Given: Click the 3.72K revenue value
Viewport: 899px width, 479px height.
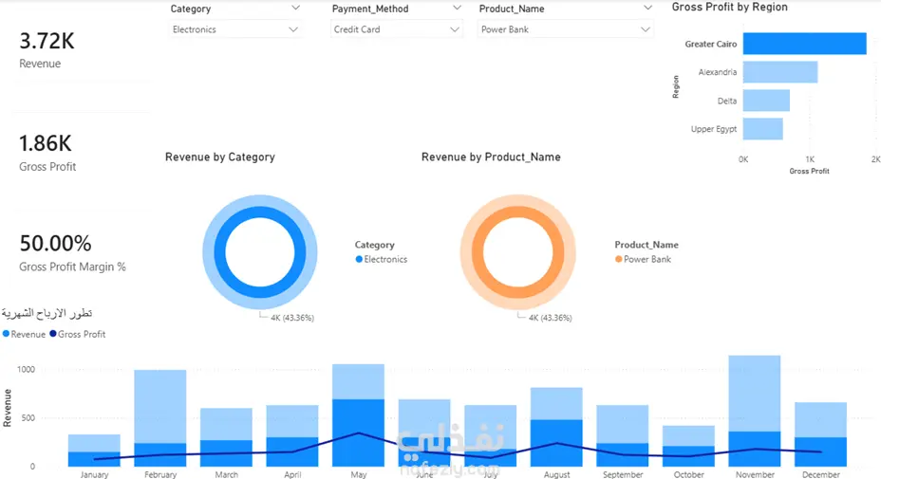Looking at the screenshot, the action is click(47, 41).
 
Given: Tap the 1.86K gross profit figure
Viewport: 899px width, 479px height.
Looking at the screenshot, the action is click(46, 143).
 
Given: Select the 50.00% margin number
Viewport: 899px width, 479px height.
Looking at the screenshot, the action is click(55, 244).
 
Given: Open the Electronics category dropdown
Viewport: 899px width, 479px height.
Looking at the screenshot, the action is click(235, 29).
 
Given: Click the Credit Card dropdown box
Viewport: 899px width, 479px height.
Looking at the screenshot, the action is click(397, 29).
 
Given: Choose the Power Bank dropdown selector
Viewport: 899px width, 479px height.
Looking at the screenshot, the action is click(565, 29).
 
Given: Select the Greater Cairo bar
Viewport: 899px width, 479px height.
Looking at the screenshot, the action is click(804, 44).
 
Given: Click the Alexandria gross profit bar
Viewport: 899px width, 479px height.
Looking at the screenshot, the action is click(780, 72).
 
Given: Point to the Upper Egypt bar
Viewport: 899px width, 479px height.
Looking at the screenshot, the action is click(763, 129).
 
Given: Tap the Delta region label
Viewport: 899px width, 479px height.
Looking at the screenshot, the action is click(727, 101).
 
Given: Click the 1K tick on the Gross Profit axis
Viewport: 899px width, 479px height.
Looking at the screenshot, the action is click(810, 159).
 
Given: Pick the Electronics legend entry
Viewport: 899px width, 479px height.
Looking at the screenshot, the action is click(382, 260).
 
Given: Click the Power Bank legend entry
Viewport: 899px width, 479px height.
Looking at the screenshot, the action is click(643, 260).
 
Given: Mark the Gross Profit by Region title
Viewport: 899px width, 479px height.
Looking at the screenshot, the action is click(730, 7).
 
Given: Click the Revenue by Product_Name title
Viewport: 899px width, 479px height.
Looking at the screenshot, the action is click(491, 157).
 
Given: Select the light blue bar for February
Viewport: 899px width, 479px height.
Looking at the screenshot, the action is click(160, 406).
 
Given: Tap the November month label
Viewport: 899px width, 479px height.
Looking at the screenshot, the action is click(755, 474).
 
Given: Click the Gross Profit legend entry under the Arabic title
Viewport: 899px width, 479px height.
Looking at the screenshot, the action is click(78, 334).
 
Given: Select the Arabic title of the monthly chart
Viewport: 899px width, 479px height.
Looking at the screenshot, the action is click(47, 313).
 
